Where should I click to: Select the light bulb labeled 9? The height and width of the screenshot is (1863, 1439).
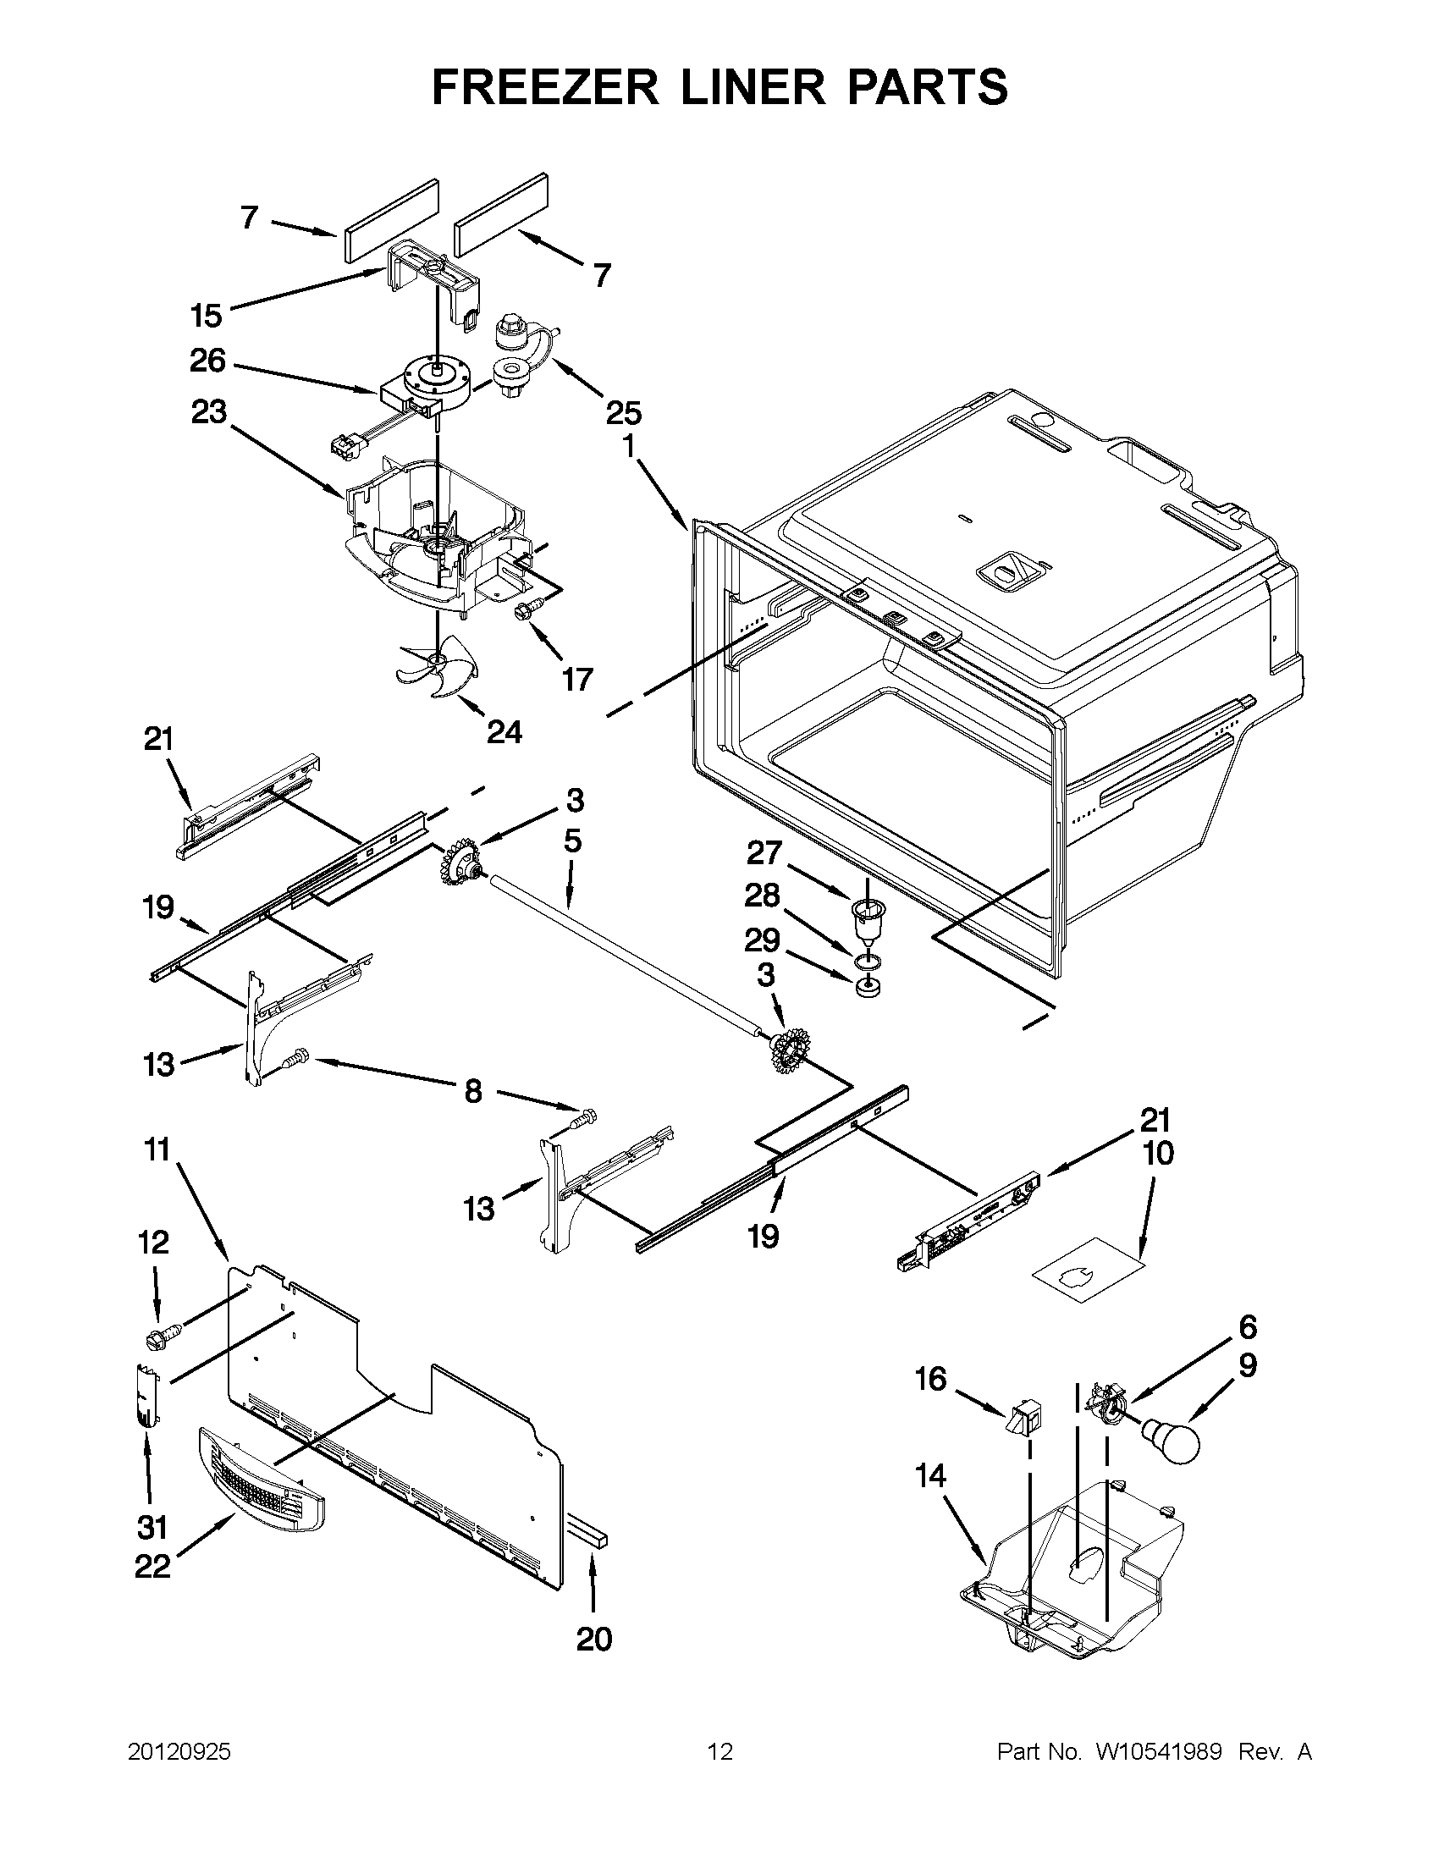[x=1173, y=1441]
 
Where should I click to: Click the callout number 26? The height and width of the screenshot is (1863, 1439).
[x=207, y=361]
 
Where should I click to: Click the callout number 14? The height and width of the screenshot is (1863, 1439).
[x=930, y=1474]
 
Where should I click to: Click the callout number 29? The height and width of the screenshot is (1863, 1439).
[x=762, y=940]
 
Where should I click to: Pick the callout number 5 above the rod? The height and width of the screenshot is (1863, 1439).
[x=572, y=841]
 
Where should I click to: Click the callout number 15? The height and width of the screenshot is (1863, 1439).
[x=206, y=316]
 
